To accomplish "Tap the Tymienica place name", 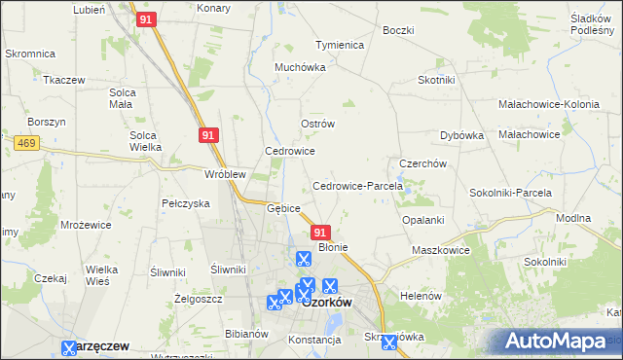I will pos(339,45).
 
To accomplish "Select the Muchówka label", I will pos(300,68).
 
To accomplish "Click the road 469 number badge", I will pos(26,143).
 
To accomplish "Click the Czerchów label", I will pos(422,163).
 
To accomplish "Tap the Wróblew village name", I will pos(223,174).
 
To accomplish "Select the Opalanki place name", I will pos(422,220).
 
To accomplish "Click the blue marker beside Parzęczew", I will pos(69,347).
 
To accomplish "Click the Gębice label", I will pos(283,207).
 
